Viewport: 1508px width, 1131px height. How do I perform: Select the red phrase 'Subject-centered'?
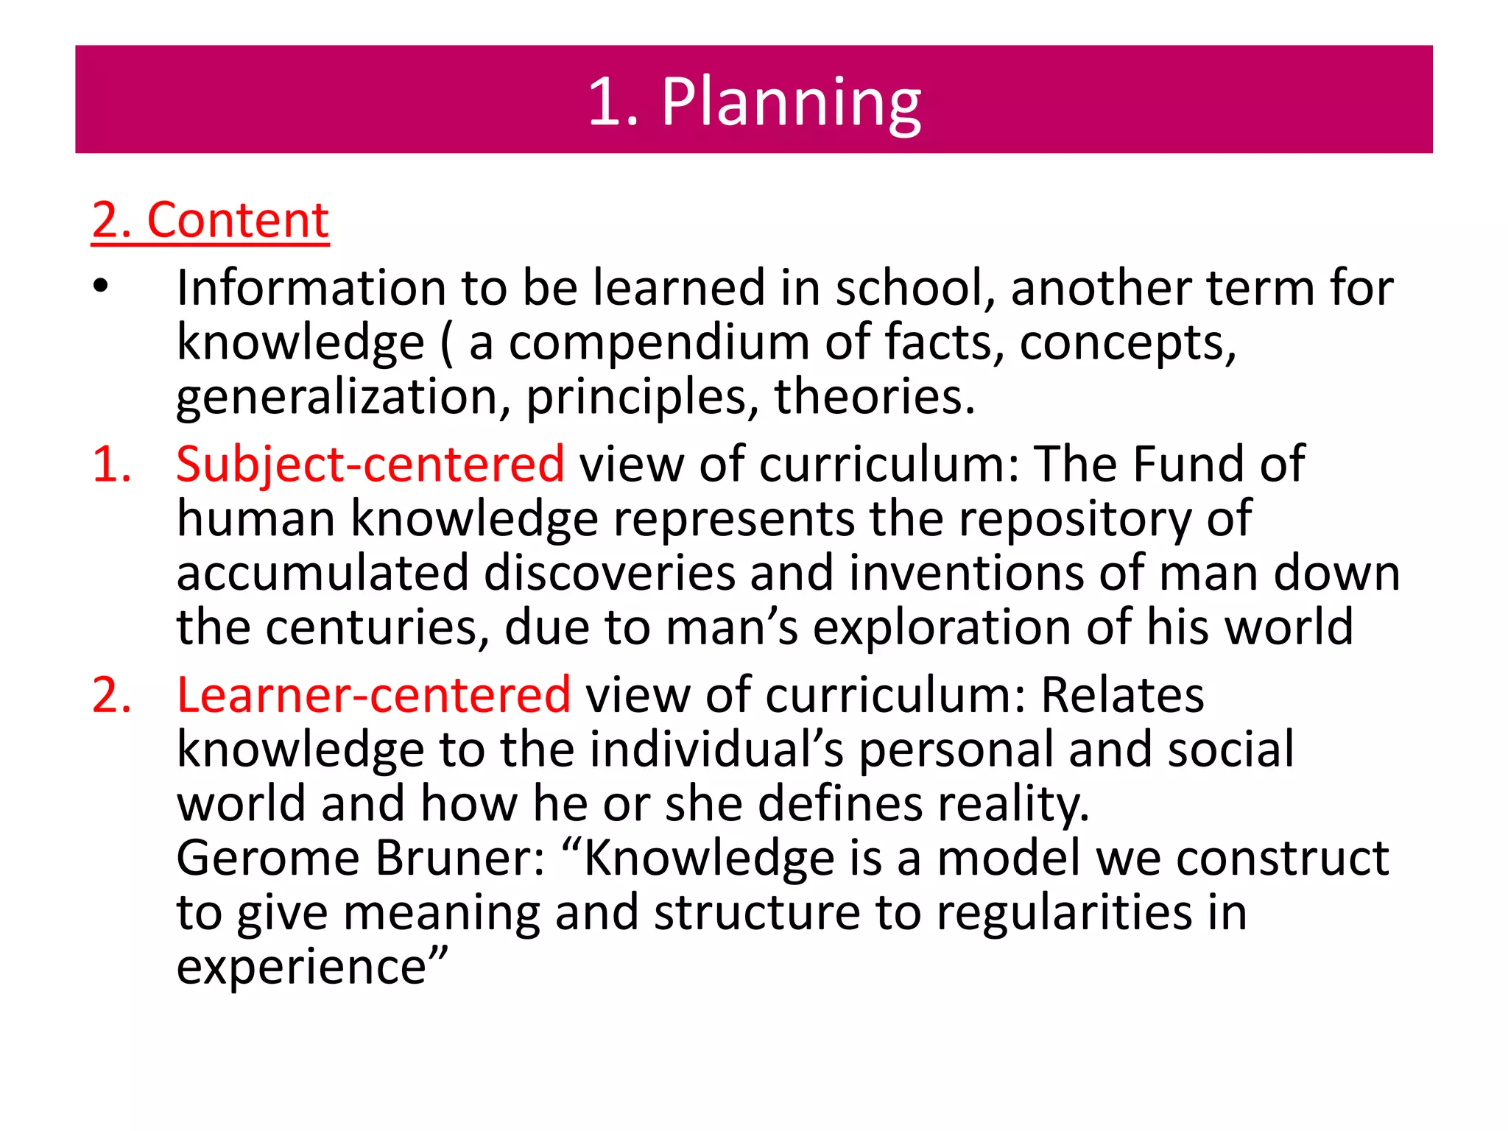click(x=370, y=464)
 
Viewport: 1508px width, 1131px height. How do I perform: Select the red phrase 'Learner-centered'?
click(x=373, y=694)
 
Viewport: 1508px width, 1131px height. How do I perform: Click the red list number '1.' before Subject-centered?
click(x=112, y=465)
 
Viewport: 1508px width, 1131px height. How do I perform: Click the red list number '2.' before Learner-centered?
click(x=112, y=695)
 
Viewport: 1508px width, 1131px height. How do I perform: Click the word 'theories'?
click(x=873, y=396)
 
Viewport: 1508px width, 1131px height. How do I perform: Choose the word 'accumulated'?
click(x=323, y=573)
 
